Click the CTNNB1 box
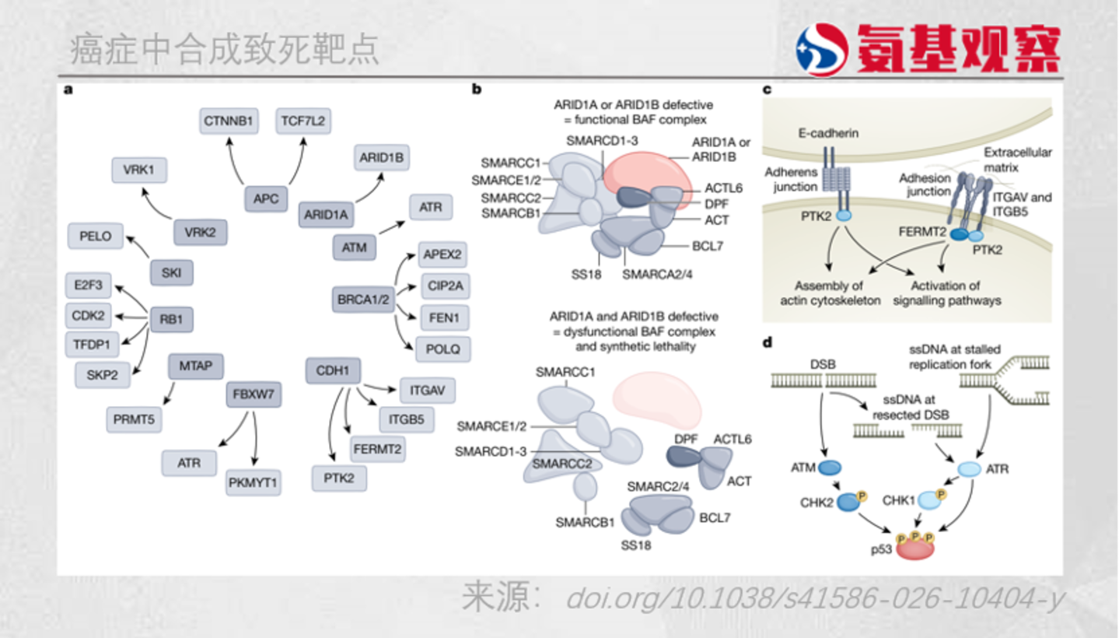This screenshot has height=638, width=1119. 229,121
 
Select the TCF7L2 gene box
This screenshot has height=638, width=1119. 303,121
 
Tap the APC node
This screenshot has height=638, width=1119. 266,199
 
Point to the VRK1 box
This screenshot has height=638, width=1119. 139,170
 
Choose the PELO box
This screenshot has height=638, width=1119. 96,236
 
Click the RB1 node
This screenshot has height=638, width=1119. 171,319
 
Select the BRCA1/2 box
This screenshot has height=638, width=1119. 363,300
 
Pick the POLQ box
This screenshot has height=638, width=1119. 443,349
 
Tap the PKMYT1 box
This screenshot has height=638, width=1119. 253,482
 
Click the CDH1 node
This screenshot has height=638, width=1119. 333,371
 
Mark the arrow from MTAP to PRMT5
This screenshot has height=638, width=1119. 169,394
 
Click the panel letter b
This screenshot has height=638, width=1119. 477,89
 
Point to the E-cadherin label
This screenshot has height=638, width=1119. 828,134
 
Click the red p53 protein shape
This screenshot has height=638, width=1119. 914,548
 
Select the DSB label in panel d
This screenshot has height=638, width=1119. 823,364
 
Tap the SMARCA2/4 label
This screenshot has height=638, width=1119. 657,275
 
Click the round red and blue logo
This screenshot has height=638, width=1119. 822,50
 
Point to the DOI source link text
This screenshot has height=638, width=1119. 815,598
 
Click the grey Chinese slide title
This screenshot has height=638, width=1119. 224,49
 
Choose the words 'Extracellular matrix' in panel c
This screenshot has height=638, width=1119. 1018,160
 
